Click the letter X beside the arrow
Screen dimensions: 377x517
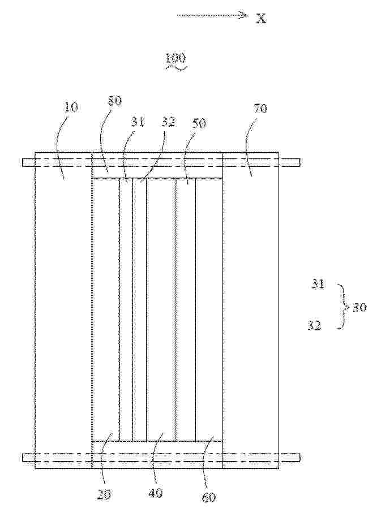tap(262, 18)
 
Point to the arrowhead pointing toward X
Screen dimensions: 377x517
tap(244, 15)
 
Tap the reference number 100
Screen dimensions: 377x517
tap(175, 59)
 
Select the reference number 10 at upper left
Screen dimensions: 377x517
tap(71, 107)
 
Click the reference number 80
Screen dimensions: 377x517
tap(115, 101)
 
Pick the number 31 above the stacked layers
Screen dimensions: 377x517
tap(138, 122)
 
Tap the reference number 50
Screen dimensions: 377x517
tap(199, 123)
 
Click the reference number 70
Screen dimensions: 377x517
tap(260, 108)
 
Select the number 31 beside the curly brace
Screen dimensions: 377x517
tap(318, 284)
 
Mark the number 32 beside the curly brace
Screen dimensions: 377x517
tap(314, 326)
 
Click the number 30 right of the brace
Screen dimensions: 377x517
tap(359, 308)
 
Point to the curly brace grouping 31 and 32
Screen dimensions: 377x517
tap(342, 307)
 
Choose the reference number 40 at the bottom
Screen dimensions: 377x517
tap(156, 493)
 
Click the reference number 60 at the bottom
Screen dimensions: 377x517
tap(209, 497)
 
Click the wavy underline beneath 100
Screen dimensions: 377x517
tap(176, 67)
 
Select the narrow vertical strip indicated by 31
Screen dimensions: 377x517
tap(126, 309)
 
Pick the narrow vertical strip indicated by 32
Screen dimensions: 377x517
tap(139, 309)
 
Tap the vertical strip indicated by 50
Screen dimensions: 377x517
tap(186, 309)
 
